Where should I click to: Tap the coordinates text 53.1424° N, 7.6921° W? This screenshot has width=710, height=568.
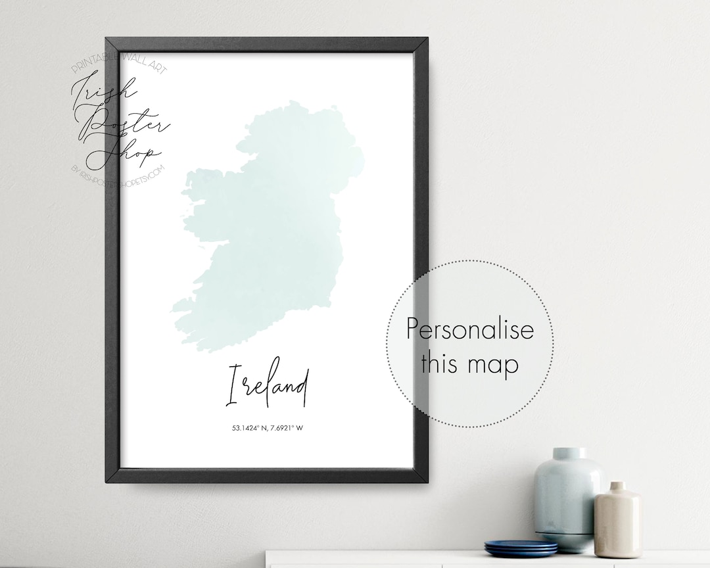click(268, 429)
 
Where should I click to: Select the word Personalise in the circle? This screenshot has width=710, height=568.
click(469, 329)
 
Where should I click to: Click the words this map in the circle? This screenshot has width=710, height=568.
click(469, 363)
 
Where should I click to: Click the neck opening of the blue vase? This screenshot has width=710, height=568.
click(569, 452)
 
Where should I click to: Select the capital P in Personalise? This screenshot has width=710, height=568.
click(413, 329)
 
